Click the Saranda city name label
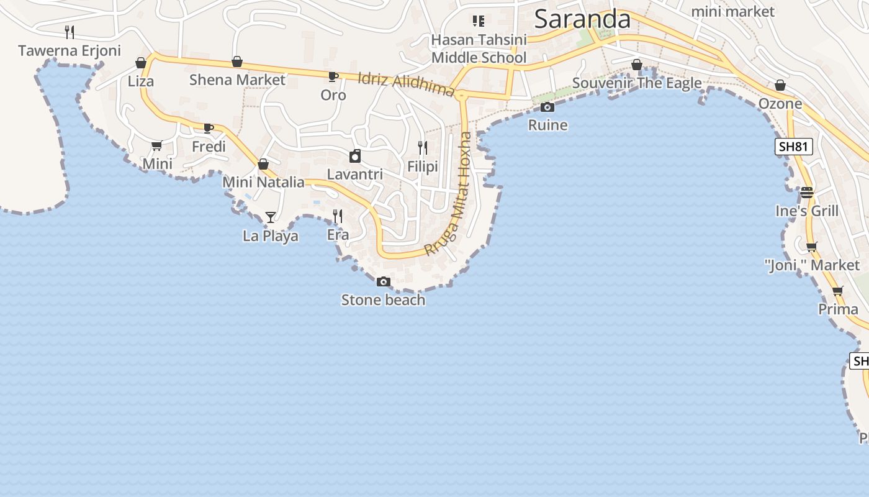click(582, 19)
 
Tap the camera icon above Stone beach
click(384, 282)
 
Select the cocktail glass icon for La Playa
click(271, 217)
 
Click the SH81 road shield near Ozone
click(794, 147)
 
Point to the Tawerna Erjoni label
click(70, 51)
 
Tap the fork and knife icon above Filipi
click(423, 148)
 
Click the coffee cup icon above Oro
click(333, 77)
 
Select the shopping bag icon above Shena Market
click(237, 62)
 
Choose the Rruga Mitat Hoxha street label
click(449, 193)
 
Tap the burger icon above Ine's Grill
click(807, 193)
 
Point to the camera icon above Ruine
click(547, 107)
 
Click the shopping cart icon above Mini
click(157, 145)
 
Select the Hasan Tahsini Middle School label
click(479, 48)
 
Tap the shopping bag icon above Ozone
click(780, 85)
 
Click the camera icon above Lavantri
click(355, 156)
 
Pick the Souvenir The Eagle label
click(637, 83)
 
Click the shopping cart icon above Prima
click(838, 291)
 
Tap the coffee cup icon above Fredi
click(209, 129)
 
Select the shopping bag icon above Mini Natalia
click(263, 164)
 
